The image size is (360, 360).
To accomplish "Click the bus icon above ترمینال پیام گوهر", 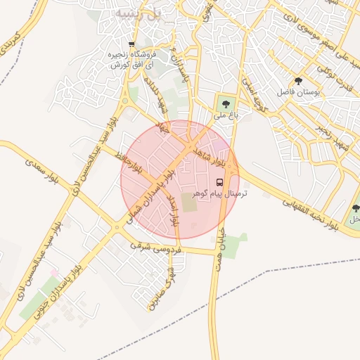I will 229,182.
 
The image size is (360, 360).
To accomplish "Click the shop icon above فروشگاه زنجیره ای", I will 133,44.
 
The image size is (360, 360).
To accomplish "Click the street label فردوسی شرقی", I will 155,248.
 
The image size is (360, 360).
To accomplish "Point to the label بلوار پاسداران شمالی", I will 148,196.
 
